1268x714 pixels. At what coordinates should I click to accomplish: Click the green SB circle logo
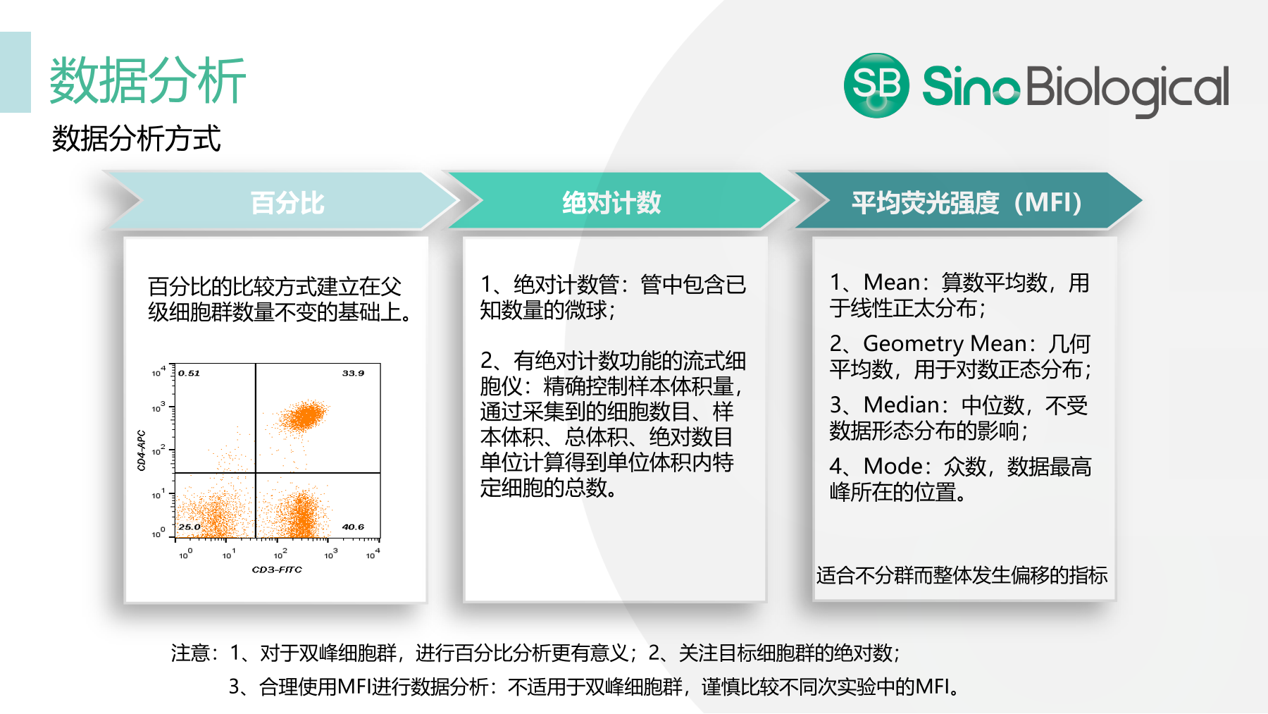tap(876, 85)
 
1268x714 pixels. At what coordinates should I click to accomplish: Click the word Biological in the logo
tap(1127, 87)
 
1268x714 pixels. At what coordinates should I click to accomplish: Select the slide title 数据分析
tap(147, 80)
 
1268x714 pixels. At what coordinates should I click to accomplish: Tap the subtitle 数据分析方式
tap(136, 138)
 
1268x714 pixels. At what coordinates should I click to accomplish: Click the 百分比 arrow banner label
tap(287, 203)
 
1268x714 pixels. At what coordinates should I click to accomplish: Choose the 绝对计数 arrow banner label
tap(611, 203)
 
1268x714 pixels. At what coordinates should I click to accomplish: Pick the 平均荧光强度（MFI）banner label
tap(966, 203)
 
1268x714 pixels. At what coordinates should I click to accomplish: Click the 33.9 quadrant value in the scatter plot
tap(353, 373)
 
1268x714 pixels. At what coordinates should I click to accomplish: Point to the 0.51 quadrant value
tap(189, 373)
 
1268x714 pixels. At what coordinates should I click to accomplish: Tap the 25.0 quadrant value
tap(189, 527)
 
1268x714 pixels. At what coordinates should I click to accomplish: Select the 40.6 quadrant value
tap(353, 527)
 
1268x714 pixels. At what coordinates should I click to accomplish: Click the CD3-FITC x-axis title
tap(277, 570)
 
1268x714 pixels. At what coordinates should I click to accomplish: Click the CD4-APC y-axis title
tap(141, 450)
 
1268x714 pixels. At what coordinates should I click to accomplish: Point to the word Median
tap(901, 405)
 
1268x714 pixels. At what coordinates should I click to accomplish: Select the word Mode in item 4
tap(893, 466)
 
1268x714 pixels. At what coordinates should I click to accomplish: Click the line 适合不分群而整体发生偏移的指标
tap(962, 575)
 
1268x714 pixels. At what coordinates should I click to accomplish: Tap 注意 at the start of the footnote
tap(190, 653)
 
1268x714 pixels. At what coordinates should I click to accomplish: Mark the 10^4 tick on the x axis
tap(373, 555)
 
